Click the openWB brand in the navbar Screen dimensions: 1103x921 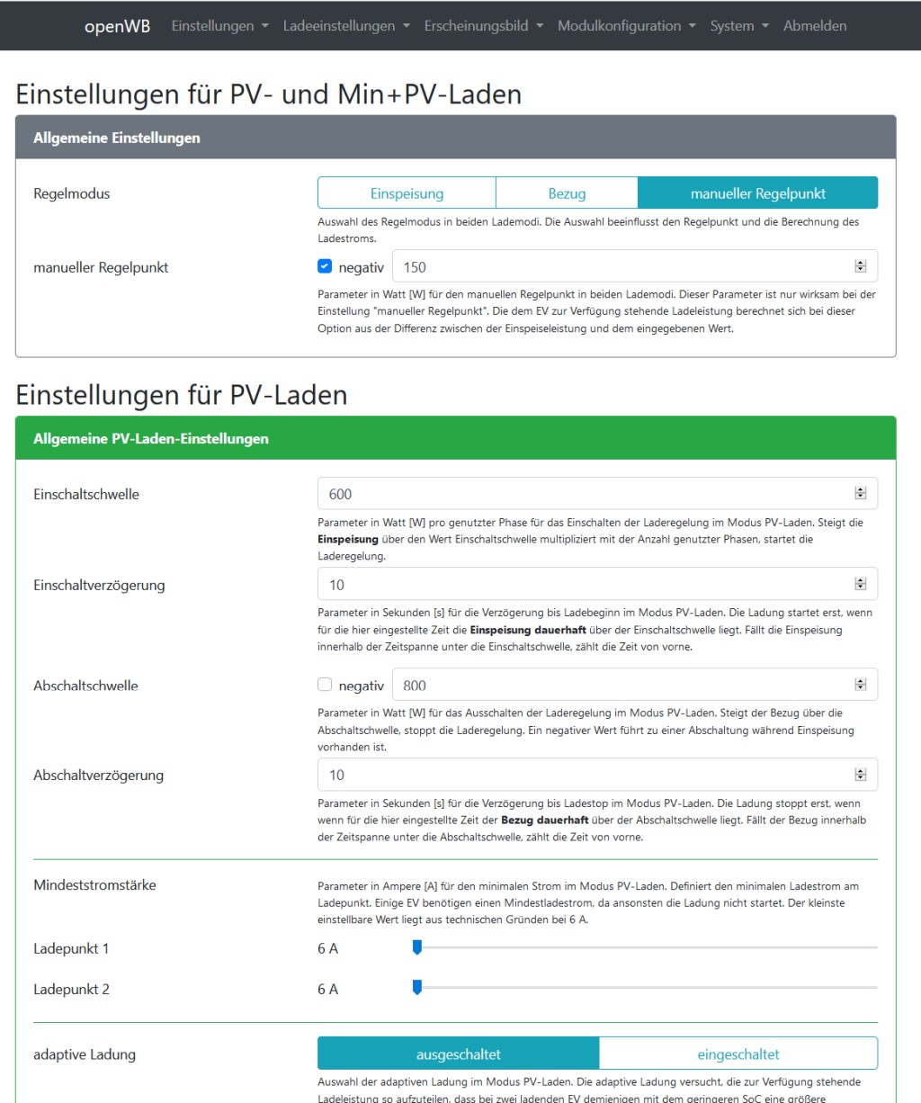click(117, 26)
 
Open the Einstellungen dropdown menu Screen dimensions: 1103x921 click(219, 26)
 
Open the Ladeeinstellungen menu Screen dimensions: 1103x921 click(346, 26)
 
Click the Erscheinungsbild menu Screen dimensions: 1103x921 click(483, 26)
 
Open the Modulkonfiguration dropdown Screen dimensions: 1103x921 click(626, 26)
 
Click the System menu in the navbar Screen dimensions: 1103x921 click(738, 26)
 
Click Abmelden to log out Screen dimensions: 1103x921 click(814, 26)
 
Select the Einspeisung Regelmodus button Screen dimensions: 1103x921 click(407, 193)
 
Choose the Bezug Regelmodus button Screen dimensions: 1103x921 click(567, 193)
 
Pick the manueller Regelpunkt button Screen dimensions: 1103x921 click(757, 193)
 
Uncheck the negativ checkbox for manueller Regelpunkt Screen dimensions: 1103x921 click(326, 266)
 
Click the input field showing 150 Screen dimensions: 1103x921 click(621, 267)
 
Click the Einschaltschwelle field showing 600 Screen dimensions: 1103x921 click(585, 494)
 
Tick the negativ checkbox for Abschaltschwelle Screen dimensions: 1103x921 click(326, 685)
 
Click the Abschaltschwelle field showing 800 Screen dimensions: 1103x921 click(621, 686)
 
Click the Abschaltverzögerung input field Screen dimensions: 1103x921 click(585, 775)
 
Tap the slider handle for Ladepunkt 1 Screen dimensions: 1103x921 click(416, 946)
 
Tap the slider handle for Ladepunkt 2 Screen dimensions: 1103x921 click(416, 987)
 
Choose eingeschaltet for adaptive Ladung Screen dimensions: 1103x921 click(738, 1054)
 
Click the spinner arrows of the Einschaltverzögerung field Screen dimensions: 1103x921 click(861, 585)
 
